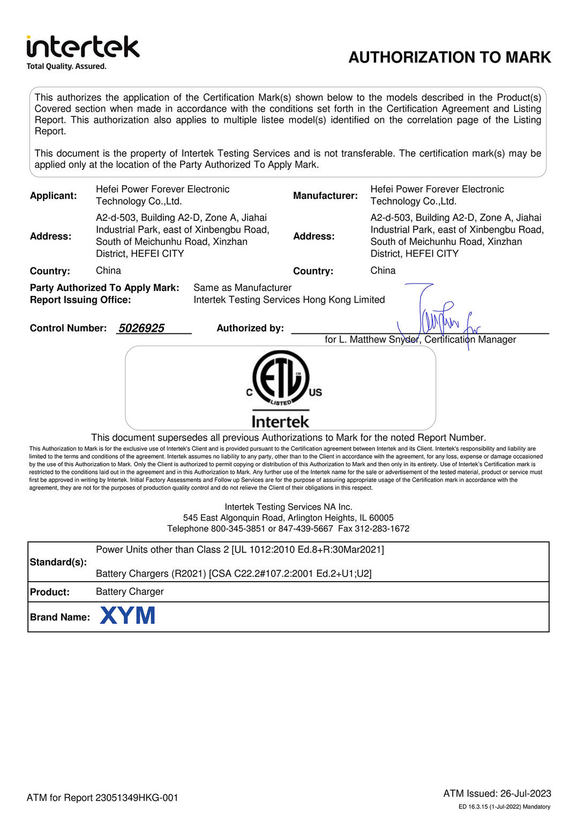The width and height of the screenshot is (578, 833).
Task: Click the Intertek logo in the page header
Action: (x=82, y=52)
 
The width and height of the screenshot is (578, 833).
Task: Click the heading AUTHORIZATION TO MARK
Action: (x=449, y=57)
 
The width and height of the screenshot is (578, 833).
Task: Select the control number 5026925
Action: (x=141, y=328)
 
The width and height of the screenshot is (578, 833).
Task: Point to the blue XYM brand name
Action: (x=127, y=615)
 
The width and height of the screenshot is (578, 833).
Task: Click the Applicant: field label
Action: (x=53, y=196)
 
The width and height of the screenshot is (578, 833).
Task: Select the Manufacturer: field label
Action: (x=325, y=196)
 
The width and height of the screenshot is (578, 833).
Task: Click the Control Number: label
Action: (x=68, y=328)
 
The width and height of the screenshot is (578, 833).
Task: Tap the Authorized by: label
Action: (x=250, y=328)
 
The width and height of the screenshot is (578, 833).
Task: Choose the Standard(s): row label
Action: (x=58, y=562)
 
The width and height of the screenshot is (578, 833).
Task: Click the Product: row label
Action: (x=50, y=592)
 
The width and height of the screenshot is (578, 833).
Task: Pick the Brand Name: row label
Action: (x=59, y=617)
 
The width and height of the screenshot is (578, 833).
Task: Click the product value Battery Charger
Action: (x=130, y=591)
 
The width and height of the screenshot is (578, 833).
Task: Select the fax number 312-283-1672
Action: (x=382, y=529)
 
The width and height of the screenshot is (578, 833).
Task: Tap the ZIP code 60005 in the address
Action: (x=381, y=518)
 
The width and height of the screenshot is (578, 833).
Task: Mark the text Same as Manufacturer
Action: (x=242, y=288)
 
